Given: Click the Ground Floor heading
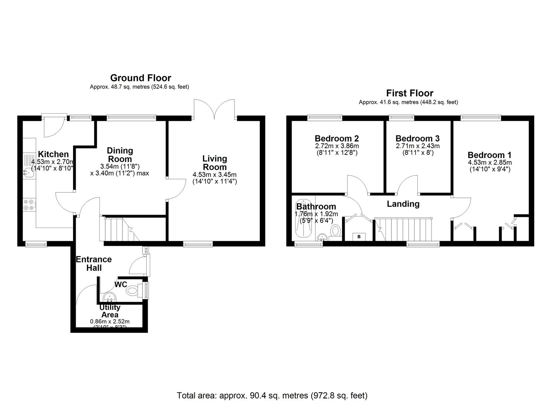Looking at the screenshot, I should pos(140,78).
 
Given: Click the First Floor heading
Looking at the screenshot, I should pos(409,93).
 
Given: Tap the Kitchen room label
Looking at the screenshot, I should pos(53,154).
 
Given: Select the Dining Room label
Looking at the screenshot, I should pos(119,155).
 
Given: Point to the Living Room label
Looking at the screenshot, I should pos(214,163).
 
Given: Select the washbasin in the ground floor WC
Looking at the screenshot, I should pos(109,297).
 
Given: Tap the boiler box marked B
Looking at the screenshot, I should pos(359,237).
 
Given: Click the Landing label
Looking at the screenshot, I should pos(403,204).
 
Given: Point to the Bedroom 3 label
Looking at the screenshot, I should pos(417,138).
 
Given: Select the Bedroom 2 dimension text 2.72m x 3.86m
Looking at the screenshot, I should pos(337,146).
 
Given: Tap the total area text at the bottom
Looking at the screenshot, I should pos(272,395).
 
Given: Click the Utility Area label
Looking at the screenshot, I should pos(110,311).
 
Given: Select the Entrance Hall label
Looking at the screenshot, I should pos(94,264).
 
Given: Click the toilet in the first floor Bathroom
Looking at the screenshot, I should pos(336,231).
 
